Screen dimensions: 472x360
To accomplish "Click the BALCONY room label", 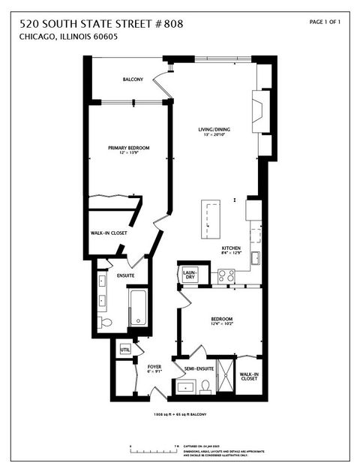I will tap(133, 80).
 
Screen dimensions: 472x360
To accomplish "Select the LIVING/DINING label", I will tap(214, 130).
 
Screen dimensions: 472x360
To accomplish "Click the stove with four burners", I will tap(226, 275).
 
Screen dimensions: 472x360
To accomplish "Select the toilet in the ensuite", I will tap(106, 323).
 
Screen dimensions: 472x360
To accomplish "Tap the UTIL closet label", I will tap(124, 350).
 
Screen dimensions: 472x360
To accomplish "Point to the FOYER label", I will tap(154, 367).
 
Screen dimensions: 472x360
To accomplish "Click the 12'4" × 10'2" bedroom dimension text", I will tap(221, 324).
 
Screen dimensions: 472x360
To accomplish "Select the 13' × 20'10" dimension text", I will tap(214, 136).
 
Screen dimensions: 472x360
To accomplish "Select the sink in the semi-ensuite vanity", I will tap(184, 388).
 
